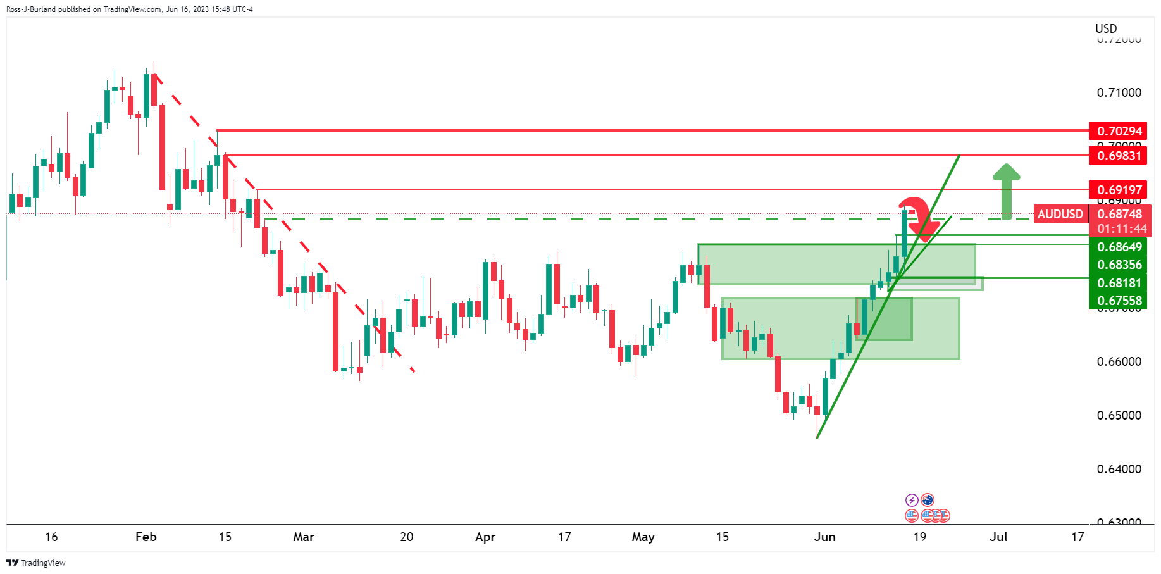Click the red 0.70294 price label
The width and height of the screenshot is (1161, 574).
coord(1119,131)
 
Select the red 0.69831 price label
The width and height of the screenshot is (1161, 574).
coord(1119,156)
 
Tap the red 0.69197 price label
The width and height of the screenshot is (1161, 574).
coord(1119,190)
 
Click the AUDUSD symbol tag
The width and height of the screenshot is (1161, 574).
coord(1060,215)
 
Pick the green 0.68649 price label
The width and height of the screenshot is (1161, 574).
coord(1119,247)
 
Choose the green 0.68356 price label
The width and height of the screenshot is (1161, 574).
coord(1119,265)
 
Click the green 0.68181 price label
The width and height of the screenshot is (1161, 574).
coord(1119,283)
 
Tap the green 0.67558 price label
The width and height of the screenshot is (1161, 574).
coord(1119,301)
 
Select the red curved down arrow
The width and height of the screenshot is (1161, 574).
coord(917,218)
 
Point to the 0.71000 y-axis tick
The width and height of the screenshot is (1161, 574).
coord(1119,92)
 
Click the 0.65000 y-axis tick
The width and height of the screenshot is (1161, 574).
coord(1119,415)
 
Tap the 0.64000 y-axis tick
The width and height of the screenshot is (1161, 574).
coord(1119,469)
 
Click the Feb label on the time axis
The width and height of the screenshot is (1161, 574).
coord(146,537)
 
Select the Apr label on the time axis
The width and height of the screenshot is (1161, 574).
coord(485,537)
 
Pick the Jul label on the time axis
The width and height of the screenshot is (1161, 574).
coord(998,537)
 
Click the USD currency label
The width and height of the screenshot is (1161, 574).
coord(1106,28)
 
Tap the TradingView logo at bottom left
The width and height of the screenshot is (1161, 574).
coord(36,563)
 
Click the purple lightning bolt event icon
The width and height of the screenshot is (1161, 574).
coord(912,500)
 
